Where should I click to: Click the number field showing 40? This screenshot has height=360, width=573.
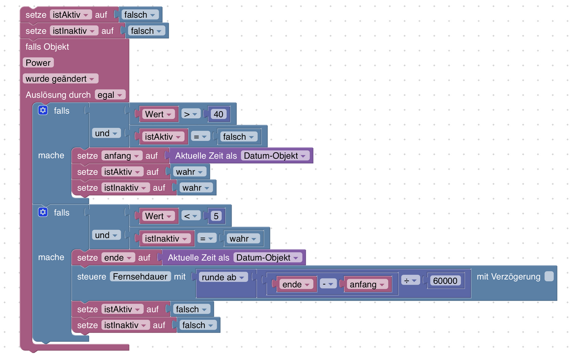(x=218, y=114)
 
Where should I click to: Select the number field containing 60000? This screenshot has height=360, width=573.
(x=445, y=281)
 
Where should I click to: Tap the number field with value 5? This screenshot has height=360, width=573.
(x=216, y=216)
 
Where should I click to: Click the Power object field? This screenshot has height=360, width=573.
(x=38, y=63)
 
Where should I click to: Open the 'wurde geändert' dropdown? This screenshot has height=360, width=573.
(x=60, y=79)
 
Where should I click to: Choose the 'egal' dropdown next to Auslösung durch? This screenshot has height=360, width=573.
(x=110, y=95)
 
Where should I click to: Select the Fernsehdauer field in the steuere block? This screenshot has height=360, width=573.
(x=140, y=276)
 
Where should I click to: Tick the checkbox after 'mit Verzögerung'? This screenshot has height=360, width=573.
(x=549, y=276)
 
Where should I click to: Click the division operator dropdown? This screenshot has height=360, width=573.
(x=410, y=281)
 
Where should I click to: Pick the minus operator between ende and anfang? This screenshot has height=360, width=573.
(x=328, y=284)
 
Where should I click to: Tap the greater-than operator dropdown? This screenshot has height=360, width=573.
(x=191, y=114)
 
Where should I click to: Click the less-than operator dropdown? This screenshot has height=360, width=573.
(x=191, y=216)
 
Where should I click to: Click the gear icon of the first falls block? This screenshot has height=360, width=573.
(x=42, y=110)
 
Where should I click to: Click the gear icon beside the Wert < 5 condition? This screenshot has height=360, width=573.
(x=42, y=212)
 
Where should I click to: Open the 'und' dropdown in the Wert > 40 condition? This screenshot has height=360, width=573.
(x=106, y=133)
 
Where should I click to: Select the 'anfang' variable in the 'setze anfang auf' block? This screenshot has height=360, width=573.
(x=122, y=156)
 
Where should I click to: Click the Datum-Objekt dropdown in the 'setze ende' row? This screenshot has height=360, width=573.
(x=267, y=257)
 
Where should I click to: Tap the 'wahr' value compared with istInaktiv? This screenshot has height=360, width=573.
(x=243, y=238)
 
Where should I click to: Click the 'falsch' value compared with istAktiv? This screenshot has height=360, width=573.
(x=238, y=137)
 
